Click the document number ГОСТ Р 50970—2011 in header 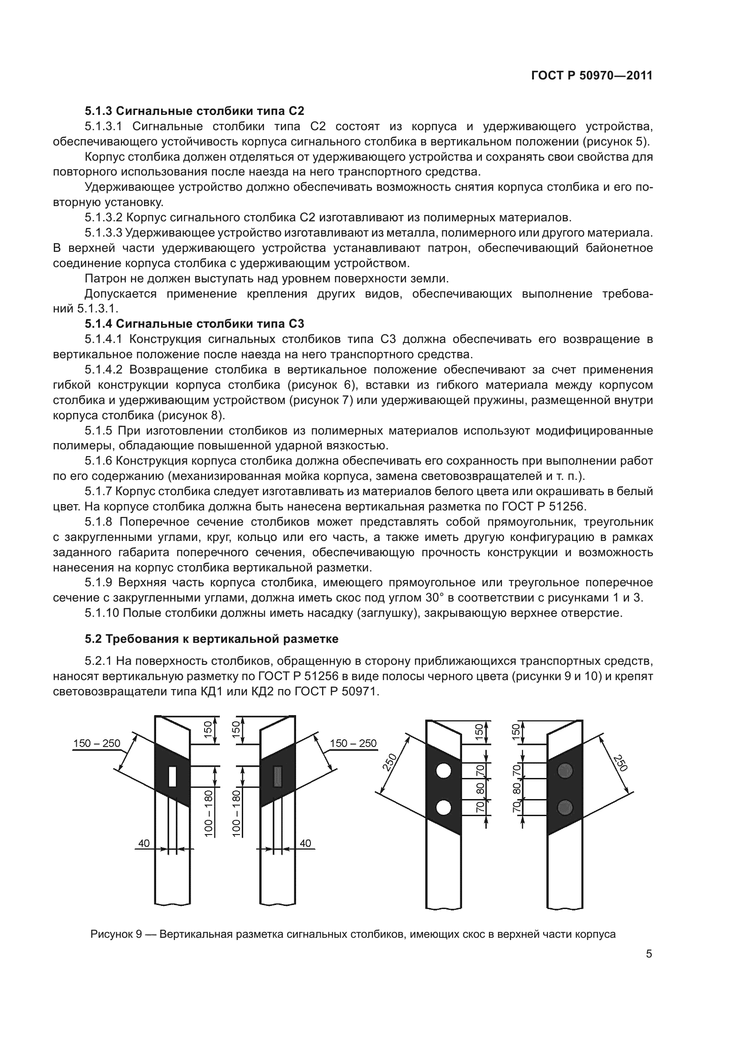(592, 75)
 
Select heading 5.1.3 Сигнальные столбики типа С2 (194, 111)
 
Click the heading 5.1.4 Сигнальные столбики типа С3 (194, 324)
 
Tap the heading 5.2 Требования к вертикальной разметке (212, 639)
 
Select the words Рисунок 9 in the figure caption (117, 934)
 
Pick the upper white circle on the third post (443, 772)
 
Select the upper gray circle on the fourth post (565, 771)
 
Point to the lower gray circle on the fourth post (565, 808)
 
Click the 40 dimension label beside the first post (144, 844)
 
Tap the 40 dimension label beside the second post (305, 844)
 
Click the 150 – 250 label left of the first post (97, 743)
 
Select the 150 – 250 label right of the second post (353, 743)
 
